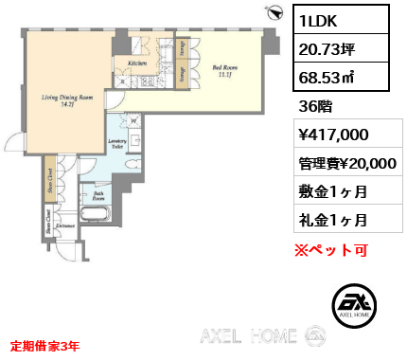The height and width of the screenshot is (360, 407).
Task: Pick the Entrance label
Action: click(65, 226)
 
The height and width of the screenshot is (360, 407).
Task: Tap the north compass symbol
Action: click(275, 13)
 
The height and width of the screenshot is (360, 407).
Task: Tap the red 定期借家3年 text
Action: click(44, 347)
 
